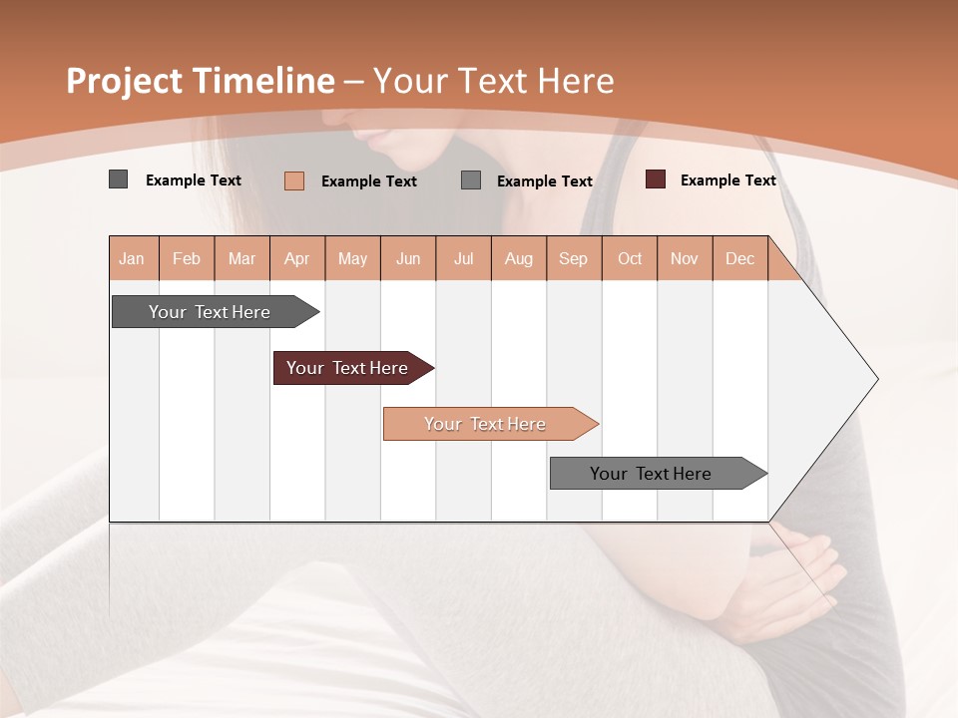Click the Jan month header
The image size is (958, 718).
[x=132, y=259]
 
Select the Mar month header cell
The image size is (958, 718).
[x=241, y=259]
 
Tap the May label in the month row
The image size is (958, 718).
[x=352, y=259]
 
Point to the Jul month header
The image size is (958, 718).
[x=463, y=259]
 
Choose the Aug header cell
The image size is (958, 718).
[x=518, y=259]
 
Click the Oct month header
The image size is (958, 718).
[x=630, y=259]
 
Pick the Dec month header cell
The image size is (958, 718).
[x=739, y=259]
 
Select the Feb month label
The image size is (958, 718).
[x=187, y=259]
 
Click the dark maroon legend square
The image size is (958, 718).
[x=656, y=179]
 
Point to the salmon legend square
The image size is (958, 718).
[x=294, y=180]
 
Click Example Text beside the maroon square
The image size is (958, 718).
[x=727, y=180]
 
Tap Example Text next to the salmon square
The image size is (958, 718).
[x=368, y=181]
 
